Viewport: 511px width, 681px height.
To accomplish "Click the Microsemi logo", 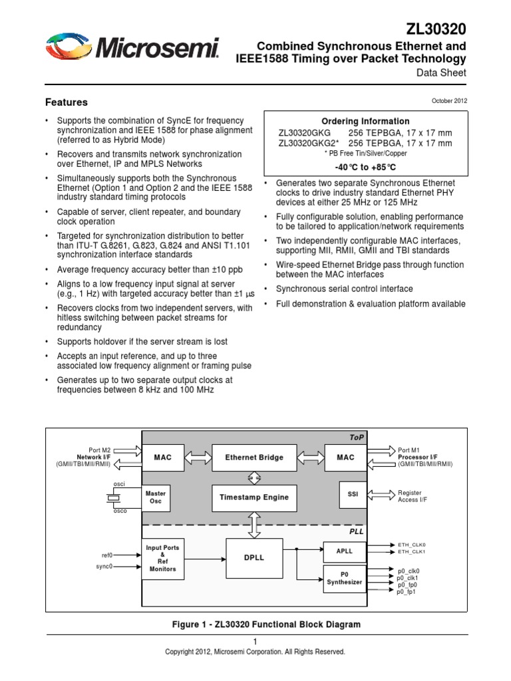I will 132,49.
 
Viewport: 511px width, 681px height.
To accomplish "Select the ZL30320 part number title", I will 436,29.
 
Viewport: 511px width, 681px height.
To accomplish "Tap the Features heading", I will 66,102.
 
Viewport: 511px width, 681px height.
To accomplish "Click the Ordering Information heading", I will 365,121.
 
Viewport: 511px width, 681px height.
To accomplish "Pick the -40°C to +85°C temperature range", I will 365,166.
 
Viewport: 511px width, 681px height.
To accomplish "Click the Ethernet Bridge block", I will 254,458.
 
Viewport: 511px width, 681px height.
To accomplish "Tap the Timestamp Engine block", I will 254,497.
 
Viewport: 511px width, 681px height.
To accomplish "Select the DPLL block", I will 254,557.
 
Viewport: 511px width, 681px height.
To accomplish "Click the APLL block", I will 344,551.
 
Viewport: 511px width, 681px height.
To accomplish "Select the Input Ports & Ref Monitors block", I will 162,559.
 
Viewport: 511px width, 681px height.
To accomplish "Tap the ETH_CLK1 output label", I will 411,552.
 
